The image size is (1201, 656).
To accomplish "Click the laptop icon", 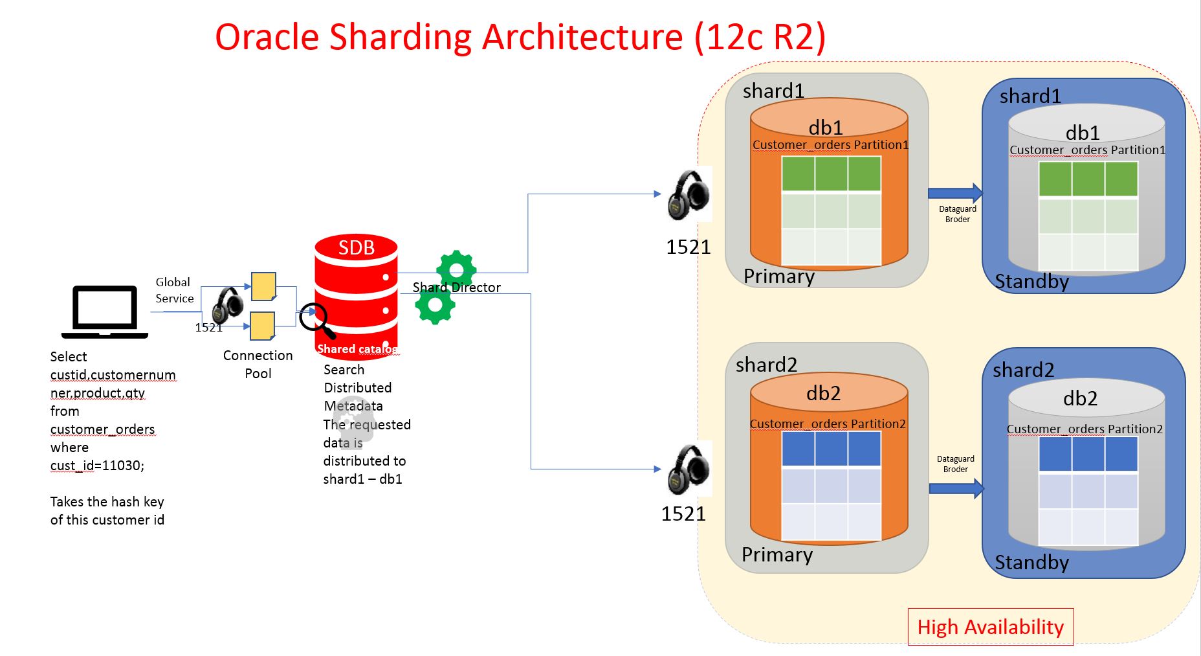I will tap(105, 311).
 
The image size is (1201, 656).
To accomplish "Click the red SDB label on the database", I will tap(356, 248).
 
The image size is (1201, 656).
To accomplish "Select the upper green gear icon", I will tap(456, 269).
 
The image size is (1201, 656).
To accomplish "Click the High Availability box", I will tap(990, 627).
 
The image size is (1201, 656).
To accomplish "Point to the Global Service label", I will tap(174, 290).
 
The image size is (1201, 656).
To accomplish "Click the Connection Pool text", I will tap(258, 364).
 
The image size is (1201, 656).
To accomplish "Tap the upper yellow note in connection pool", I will tap(263, 286).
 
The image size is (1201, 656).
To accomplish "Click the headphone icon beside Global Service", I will tap(227, 304).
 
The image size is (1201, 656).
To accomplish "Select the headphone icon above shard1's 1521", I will tap(689, 195).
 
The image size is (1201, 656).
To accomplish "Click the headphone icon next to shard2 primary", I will tap(689, 469).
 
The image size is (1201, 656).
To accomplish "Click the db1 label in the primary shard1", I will tap(826, 127).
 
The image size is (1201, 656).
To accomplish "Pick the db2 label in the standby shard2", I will tap(1080, 398).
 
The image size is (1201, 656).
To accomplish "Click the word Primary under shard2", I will tap(777, 555).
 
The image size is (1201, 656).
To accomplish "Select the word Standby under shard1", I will tap(1031, 282).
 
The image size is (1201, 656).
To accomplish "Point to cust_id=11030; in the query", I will tap(97, 466).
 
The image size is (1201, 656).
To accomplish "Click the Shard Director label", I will tap(457, 288).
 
